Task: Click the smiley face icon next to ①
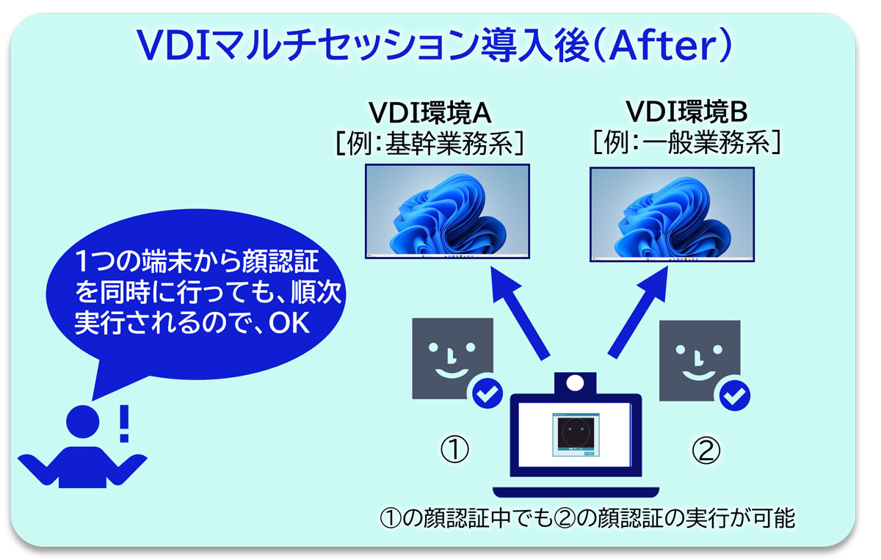[x=452, y=357]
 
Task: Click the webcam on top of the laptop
[x=575, y=382]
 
